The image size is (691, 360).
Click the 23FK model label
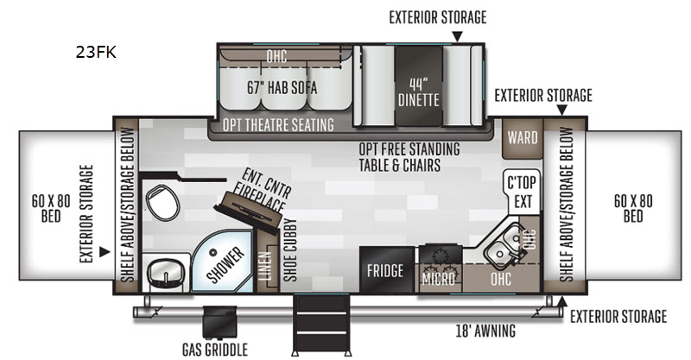pyautogui.click(x=96, y=52)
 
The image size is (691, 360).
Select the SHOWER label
pyautogui.click(x=225, y=265)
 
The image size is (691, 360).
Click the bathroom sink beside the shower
pyautogui.click(x=165, y=272)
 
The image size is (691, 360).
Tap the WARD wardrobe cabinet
pyautogui.click(x=523, y=138)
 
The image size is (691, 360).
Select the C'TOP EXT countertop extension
pyautogui.click(x=522, y=193)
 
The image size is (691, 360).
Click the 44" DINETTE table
pyautogui.click(x=419, y=85)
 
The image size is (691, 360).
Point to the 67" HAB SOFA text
pyautogui.click(x=282, y=88)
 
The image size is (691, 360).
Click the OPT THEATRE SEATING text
pyautogui.click(x=278, y=124)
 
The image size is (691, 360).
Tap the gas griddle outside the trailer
pyautogui.click(x=219, y=322)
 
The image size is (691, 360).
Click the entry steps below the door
pyautogui.click(x=321, y=323)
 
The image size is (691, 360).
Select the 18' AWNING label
pyautogui.click(x=485, y=331)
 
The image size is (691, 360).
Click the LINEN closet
pyautogui.click(x=264, y=266)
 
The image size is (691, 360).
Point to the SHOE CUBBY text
pyautogui.click(x=289, y=250)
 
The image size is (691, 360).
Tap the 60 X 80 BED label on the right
pyautogui.click(x=633, y=208)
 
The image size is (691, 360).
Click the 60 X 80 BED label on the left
pyautogui.click(x=51, y=208)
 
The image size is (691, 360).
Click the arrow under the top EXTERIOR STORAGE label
pyautogui.click(x=458, y=36)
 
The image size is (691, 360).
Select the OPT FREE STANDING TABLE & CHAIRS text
pyautogui.click(x=409, y=157)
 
